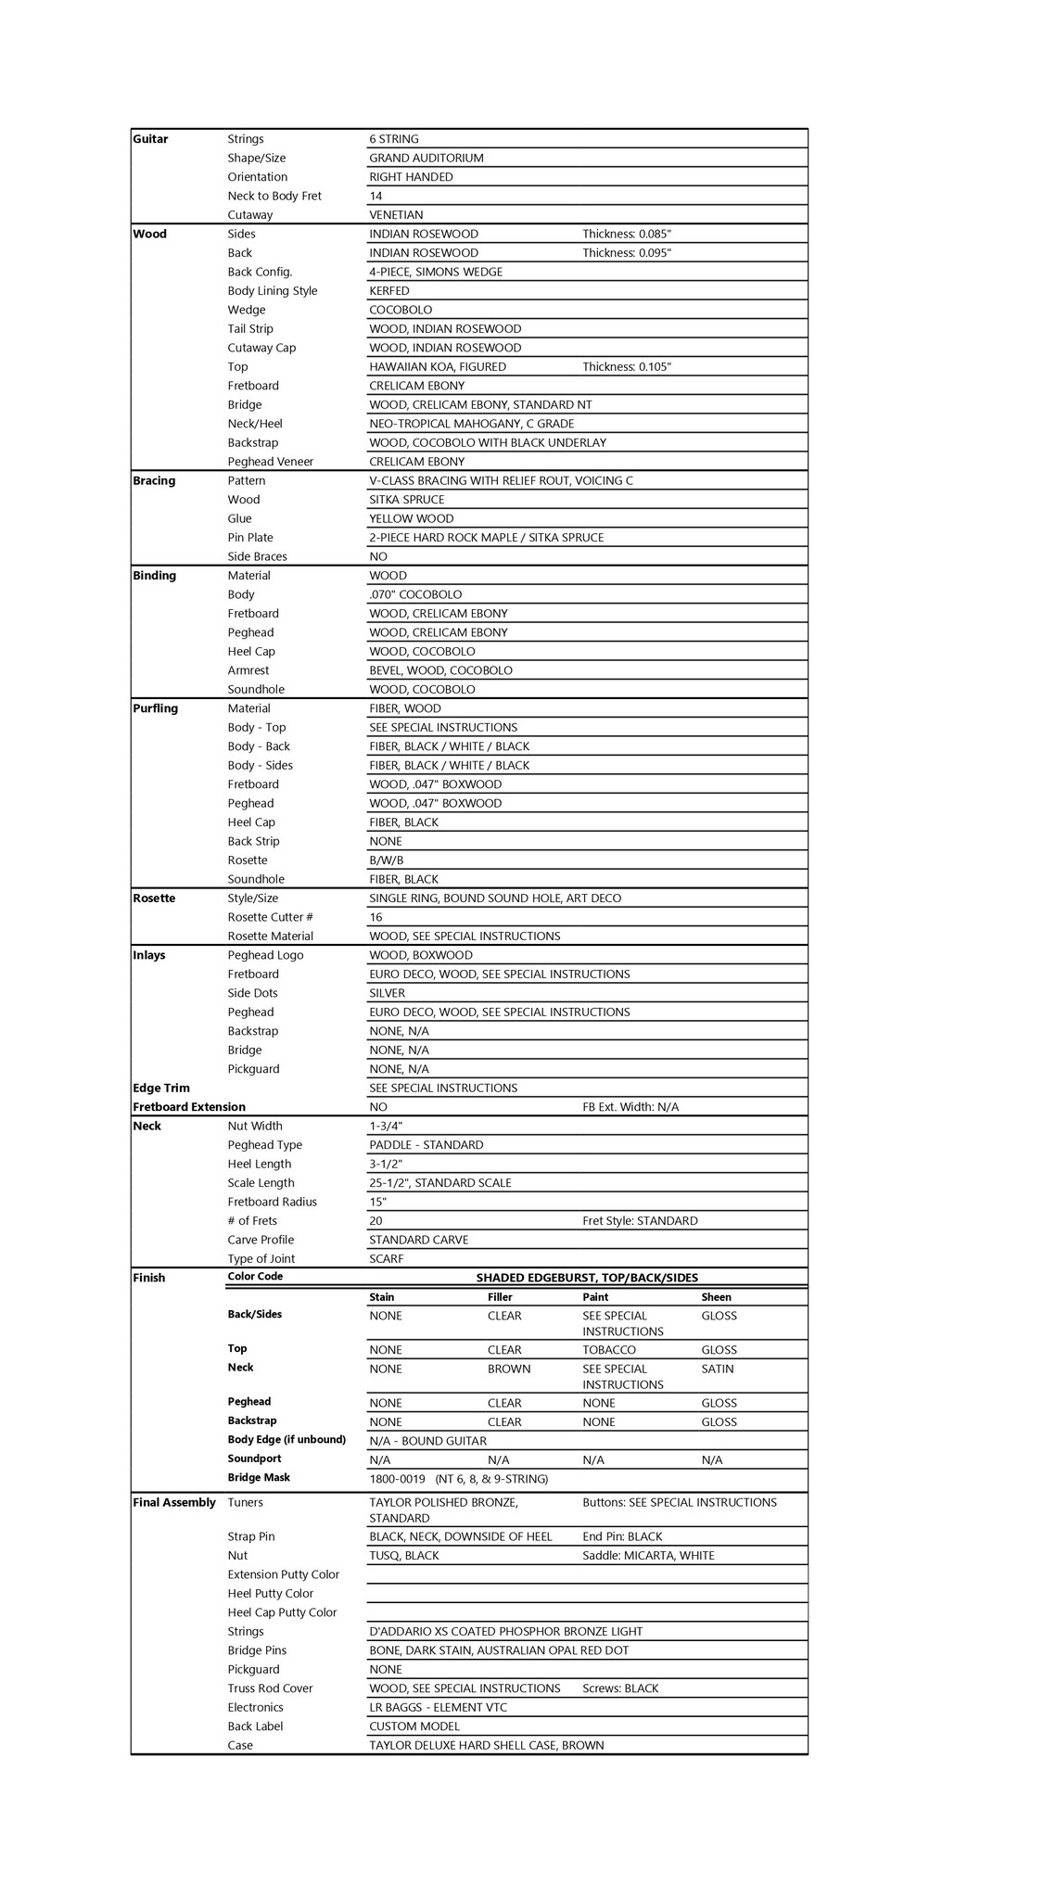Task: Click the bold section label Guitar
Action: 150,139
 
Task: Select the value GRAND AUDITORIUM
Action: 426,159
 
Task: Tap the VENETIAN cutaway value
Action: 396,215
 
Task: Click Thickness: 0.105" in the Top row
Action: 626,367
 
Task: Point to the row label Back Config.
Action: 260,273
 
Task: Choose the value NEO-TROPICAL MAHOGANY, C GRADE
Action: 471,424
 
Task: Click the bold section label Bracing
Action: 154,481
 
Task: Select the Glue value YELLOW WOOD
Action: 411,519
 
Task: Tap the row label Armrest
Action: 248,670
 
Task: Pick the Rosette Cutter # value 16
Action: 376,918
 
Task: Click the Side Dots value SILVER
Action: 387,993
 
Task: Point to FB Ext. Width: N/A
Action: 630,1107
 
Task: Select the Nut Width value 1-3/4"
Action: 385,1127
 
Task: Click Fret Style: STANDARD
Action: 640,1221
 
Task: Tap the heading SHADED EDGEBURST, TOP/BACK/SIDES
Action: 587,1278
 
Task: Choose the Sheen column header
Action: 716,1298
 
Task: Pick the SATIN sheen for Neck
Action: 718,1369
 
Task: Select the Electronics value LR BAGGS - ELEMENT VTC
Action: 438,1708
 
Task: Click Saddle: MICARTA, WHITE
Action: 648,1556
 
